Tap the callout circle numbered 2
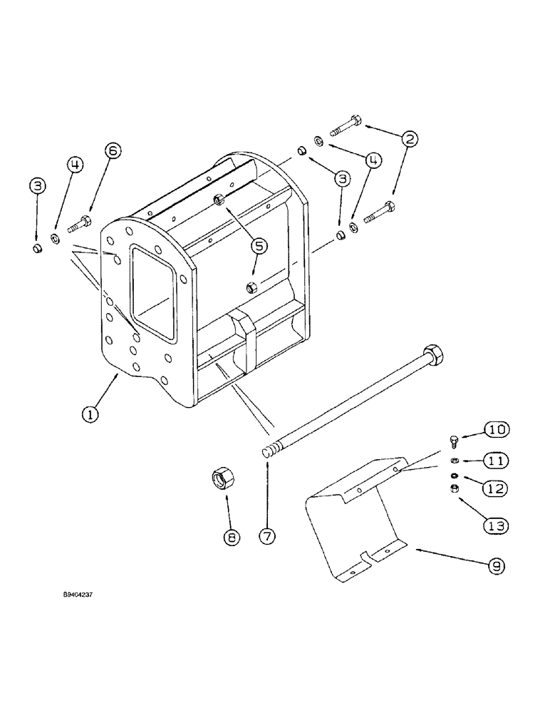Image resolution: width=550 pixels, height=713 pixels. pyautogui.click(x=408, y=140)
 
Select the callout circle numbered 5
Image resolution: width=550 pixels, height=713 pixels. pyautogui.click(x=259, y=245)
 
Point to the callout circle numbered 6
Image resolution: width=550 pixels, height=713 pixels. pyautogui.click(x=113, y=150)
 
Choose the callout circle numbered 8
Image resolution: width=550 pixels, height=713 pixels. pyautogui.click(x=231, y=538)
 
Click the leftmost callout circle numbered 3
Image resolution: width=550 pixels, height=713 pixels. pyautogui.click(x=38, y=187)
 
